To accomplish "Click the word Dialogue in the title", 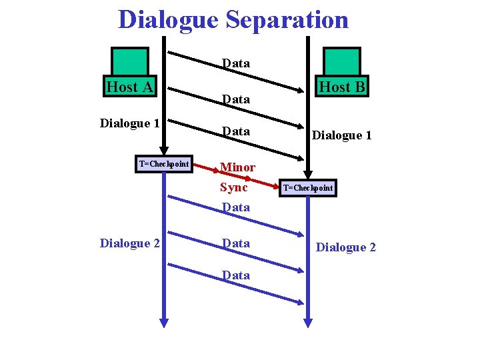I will pyautogui.click(x=168, y=20).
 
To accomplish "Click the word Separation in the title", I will pyautogui.click(x=287, y=20).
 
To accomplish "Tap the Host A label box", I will pyautogui.click(x=130, y=87).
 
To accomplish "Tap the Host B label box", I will pyautogui.click(x=342, y=87).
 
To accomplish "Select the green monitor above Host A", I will pyautogui.click(x=130, y=61).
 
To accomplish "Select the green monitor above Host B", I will pyautogui.click(x=341, y=61).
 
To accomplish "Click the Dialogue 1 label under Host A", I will pyautogui.click(x=129, y=123).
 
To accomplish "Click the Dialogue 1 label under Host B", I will pyautogui.click(x=341, y=135).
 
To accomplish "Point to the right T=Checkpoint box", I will pyautogui.click(x=307, y=188).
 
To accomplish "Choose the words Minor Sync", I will pyautogui.click(x=237, y=177).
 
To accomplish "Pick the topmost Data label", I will pyautogui.click(x=236, y=63).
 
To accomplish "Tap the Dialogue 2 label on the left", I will pyautogui.click(x=129, y=243).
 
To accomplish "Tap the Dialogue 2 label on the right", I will pyautogui.click(x=345, y=247).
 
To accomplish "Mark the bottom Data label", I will pyautogui.click(x=236, y=275).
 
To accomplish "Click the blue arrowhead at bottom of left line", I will pyautogui.click(x=164, y=321).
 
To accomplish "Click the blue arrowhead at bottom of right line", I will pyautogui.click(x=307, y=321).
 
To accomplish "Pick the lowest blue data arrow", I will pyautogui.click(x=233, y=283).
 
